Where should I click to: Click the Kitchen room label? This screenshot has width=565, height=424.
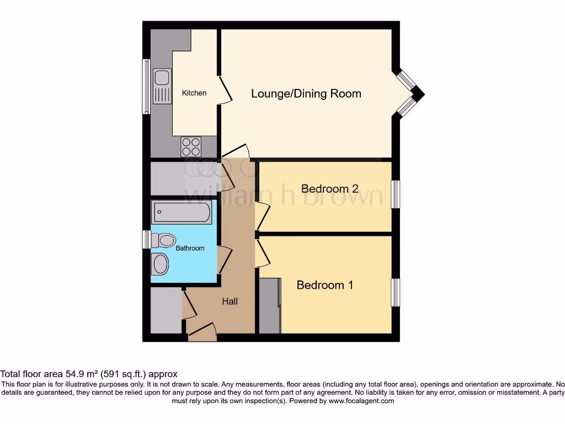point(194,93)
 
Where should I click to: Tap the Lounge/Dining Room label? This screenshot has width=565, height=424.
point(306,93)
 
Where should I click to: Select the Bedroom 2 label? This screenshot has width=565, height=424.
point(329,189)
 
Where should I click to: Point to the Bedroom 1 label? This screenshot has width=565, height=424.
point(324,285)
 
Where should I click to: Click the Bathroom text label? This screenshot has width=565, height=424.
point(190,248)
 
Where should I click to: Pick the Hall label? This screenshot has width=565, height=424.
point(230,301)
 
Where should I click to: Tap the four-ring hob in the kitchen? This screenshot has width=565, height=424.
point(191,147)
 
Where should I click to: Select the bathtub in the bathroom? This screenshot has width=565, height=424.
point(182,213)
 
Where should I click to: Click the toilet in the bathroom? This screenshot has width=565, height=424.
point(163,240)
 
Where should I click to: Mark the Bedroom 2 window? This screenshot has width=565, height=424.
point(395,194)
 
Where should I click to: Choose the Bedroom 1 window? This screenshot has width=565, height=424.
point(395,292)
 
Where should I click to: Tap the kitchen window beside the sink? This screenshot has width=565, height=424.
point(146,87)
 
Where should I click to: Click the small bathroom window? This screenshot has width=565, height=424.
point(146,240)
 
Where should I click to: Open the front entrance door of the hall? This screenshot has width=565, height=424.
point(202,332)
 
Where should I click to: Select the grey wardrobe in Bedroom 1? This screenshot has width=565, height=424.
point(269,306)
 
